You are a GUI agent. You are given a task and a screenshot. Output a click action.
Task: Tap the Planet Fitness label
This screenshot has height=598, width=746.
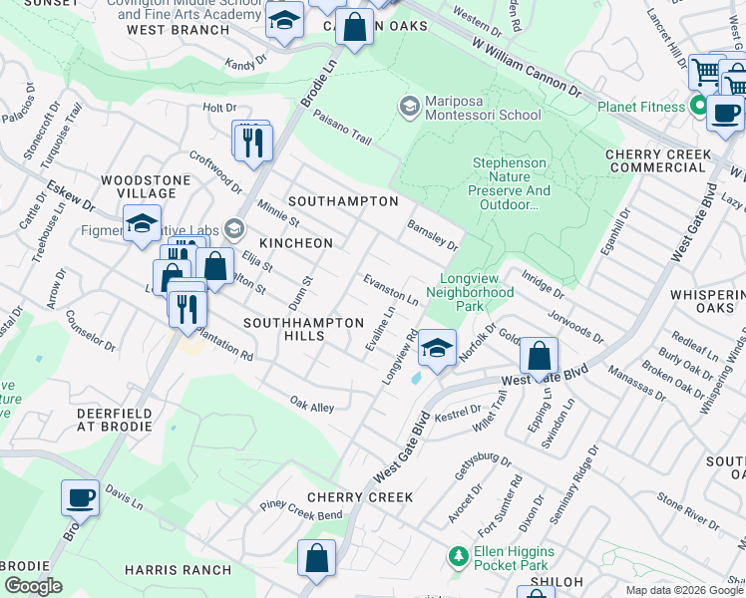coord(642,107)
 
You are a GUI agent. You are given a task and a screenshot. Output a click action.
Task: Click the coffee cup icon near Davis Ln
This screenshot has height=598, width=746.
coord(80,497)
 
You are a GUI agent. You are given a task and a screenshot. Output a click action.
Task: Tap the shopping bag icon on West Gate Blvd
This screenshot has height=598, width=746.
coord(539,356)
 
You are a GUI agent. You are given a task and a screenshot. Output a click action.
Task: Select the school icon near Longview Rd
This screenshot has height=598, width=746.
coord(437,348)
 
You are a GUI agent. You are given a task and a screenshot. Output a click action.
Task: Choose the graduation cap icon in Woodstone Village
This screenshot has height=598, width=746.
coord(143,223)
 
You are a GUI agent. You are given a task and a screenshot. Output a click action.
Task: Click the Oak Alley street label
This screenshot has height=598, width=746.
coord(312,406)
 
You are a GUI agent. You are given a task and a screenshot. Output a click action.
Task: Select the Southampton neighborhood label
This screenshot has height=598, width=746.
coord(343,201)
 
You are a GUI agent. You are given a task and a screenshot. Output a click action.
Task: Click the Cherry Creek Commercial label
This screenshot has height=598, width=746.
coord(658,161)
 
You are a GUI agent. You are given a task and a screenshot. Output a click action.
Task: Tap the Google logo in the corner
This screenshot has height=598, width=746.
coord(33,586)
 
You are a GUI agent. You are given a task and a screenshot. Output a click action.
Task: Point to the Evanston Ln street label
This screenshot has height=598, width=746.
coord(390,290)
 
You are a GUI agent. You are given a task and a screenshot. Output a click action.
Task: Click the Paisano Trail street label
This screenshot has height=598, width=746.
coord(342,132)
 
